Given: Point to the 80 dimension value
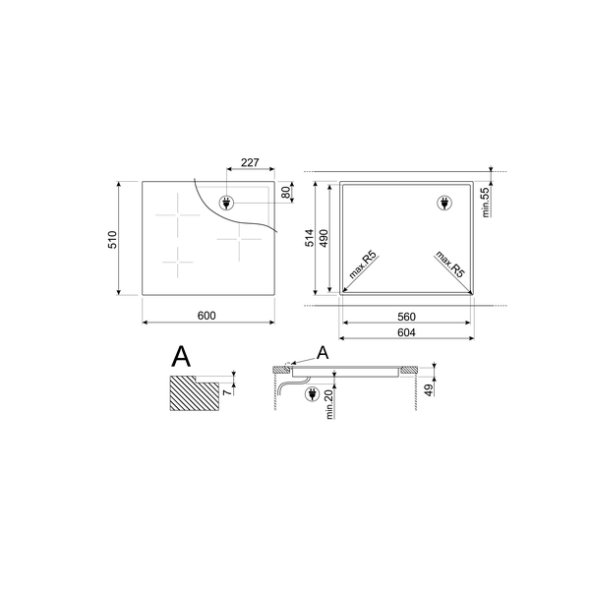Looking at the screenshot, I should click(x=287, y=192).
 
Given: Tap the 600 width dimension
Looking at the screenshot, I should click(x=206, y=315).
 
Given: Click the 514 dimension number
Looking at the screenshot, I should click(x=310, y=238).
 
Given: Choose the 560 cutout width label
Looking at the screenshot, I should click(x=407, y=317).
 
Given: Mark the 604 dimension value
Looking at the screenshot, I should click(x=407, y=332).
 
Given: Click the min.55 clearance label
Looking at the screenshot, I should click(x=486, y=201).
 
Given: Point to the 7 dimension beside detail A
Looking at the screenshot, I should click(x=227, y=392).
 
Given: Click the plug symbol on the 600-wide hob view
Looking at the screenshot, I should click(x=225, y=204).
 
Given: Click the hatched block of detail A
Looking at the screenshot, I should click(x=193, y=396).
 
